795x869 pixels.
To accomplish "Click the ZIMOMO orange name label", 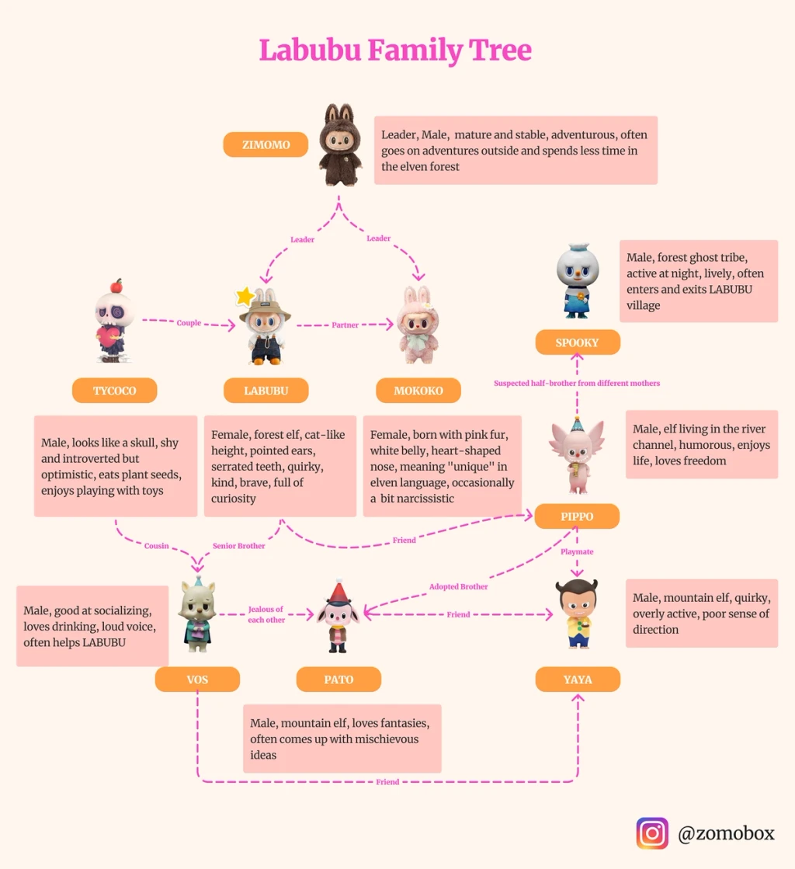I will (x=266, y=145).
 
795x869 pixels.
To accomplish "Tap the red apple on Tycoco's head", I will (x=116, y=285).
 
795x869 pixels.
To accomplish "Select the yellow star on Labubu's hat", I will (x=245, y=296).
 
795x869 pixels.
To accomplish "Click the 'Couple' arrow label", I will (x=189, y=323).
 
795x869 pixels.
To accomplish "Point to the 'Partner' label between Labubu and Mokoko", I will (x=345, y=325).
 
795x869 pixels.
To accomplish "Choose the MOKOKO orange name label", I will (x=418, y=391).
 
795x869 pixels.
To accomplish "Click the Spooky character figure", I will (x=578, y=283).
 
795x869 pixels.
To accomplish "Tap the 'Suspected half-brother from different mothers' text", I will (x=577, y=384).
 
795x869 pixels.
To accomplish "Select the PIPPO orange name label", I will (x=577, y=516).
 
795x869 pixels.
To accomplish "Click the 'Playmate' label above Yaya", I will (x=577, y=552).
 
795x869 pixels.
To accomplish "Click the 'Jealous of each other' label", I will (x=266, y=615).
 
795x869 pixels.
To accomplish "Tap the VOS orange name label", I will (x=197, y=680).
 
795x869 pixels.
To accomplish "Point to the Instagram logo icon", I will (x=652, y=834).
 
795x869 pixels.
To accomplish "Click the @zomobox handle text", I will (x=726, y=834).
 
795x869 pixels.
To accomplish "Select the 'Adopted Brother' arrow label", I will (x=459, y=587).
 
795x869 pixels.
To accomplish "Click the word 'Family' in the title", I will (x=414, y=50).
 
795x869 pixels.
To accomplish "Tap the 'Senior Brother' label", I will (x=239, y=546).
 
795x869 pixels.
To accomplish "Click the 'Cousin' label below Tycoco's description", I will (x=156, y=546).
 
